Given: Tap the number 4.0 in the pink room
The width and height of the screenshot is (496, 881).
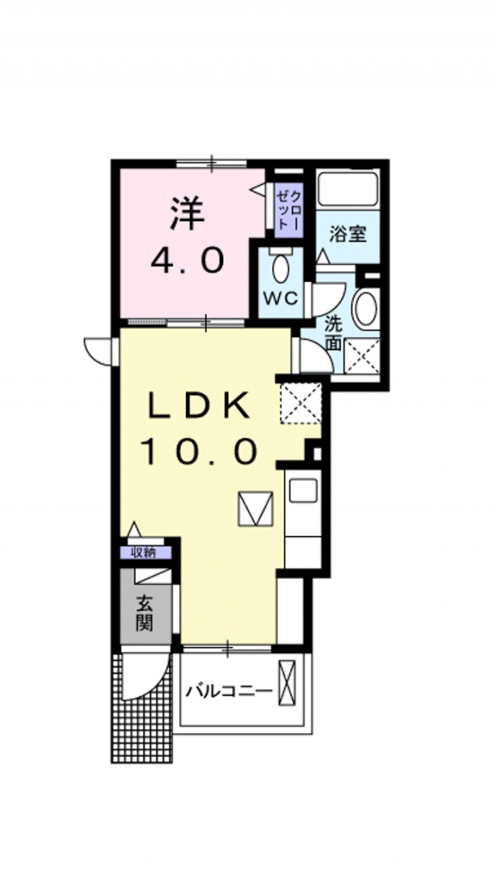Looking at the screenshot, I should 188,260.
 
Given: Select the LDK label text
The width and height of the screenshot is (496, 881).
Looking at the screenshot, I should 199,404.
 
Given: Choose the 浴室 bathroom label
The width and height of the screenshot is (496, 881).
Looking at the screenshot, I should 348,232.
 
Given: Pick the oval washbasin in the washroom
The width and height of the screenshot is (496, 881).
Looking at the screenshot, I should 365,309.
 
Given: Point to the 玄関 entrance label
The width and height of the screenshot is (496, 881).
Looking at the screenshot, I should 145,612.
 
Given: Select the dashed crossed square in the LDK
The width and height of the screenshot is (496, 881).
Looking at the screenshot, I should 300,402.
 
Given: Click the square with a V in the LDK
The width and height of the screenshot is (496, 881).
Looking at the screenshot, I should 256,509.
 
